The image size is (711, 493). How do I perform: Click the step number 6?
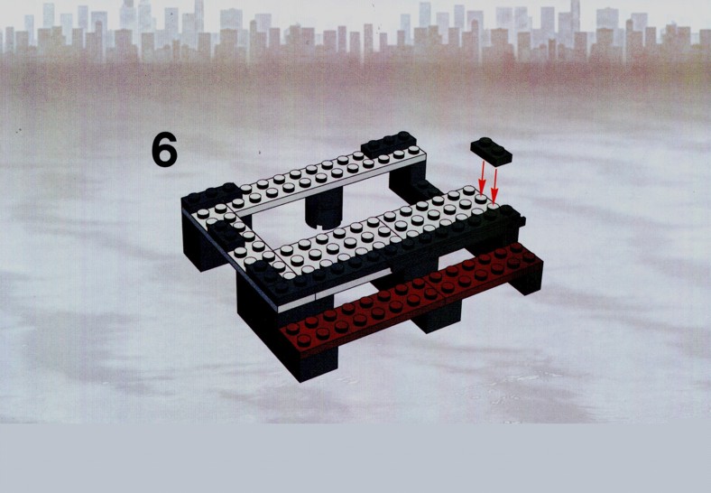[164, 149]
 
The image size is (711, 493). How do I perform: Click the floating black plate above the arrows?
[491, 151]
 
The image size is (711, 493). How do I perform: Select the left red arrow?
[483, 178]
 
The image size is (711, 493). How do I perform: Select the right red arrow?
[494, 186]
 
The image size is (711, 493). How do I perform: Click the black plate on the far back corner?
[389, 144]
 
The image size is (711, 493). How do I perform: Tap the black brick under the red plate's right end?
[527, 279]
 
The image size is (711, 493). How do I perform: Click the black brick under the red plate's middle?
[436, 315]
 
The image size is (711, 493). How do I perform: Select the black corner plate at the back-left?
[209, 198]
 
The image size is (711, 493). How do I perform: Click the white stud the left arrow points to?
[481, 198]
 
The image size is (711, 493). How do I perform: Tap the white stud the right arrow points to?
[494, 207]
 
